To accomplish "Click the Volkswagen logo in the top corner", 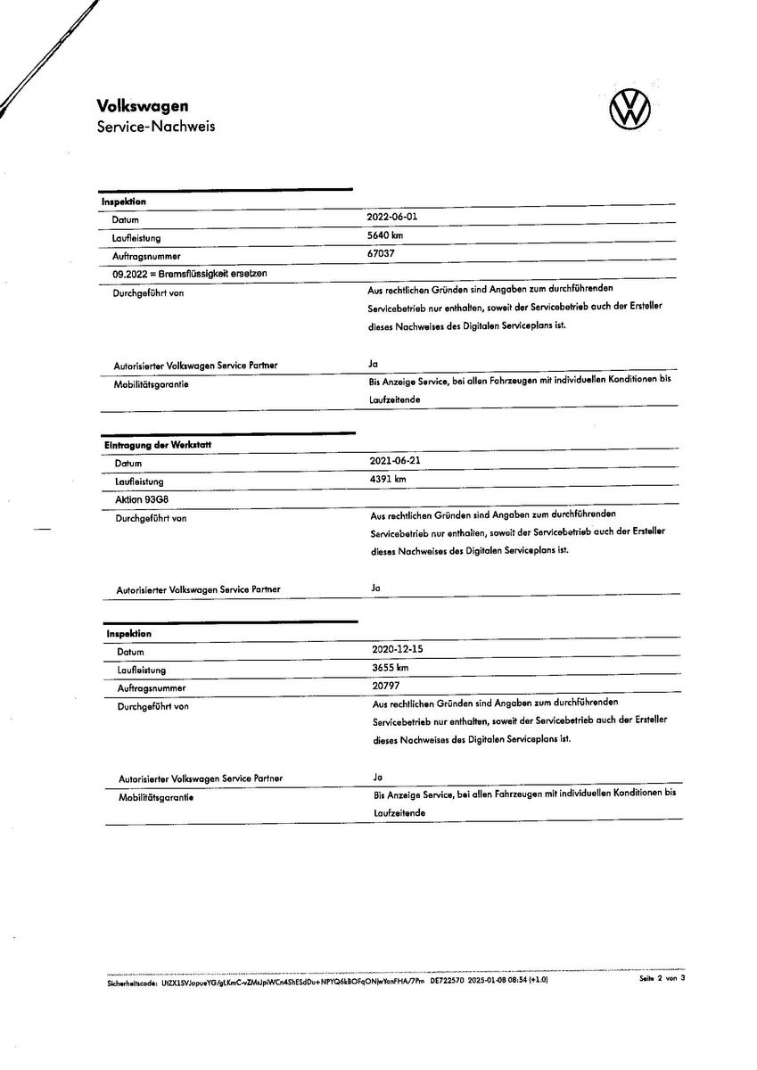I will coord(629,110).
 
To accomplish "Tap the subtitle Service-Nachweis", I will coord(156,127).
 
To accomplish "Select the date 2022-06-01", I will coord(391,218).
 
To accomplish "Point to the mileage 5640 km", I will coord(385,235).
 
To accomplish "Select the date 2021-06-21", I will coord(394,461).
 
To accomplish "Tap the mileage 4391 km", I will coord(388,479).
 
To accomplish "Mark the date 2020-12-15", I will coord(397,649).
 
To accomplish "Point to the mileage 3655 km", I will coord(391,668).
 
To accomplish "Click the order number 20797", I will coord(386,686).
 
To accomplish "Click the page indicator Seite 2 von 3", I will coord(662,979).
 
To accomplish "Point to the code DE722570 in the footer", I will coord(448,979).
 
